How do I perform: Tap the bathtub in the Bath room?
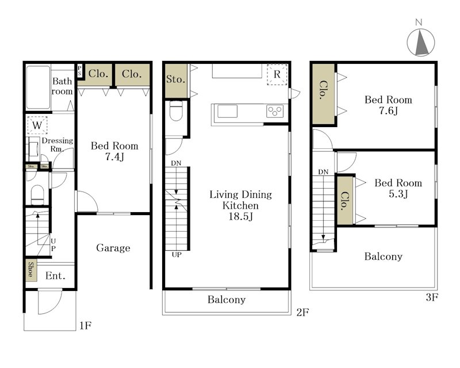[38, 87]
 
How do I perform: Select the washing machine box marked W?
[37, 125]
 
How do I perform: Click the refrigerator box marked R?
[277, 75]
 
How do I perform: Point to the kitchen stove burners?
[275, 111]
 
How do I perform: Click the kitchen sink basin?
[227, 111]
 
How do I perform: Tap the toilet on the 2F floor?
[176, 111]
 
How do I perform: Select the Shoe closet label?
[31, 270]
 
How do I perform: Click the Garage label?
[113, 248]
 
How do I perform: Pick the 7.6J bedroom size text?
[388, 111]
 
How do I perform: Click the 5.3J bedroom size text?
[398, 194]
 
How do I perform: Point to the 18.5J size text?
[240, 217]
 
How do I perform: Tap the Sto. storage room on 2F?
[176, 80]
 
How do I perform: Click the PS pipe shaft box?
[80, 71]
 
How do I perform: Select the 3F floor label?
[432, 298]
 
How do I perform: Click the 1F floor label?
[86, 325]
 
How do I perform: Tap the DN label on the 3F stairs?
[323, 172]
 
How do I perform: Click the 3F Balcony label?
[384, 256]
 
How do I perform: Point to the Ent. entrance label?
[55, 276]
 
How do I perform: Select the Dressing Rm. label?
[57, 145]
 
